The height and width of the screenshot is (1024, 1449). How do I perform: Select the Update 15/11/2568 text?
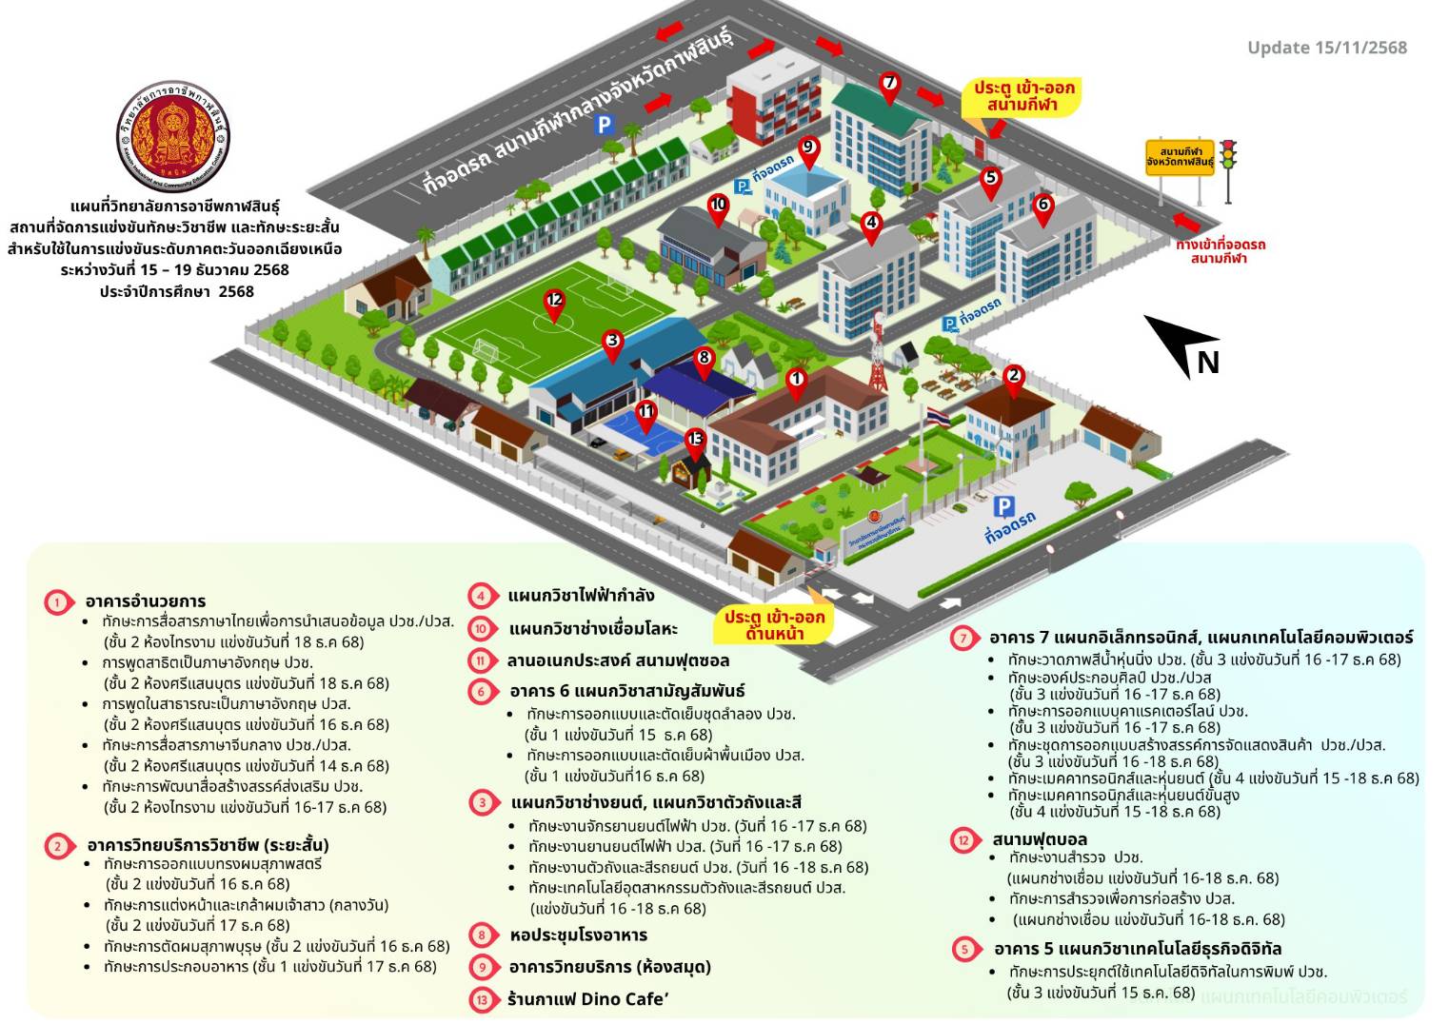click(1326, 48)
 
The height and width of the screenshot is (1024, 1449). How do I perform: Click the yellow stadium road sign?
click(1181, 157)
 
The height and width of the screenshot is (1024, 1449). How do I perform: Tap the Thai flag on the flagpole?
click(937, 416)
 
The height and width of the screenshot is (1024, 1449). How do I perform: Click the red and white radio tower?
click(878, 352)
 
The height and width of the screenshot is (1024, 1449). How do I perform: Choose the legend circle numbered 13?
click(483, 999)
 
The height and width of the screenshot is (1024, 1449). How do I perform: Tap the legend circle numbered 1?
click(58, 601)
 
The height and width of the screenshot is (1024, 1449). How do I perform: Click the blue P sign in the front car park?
click(1003, 506)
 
